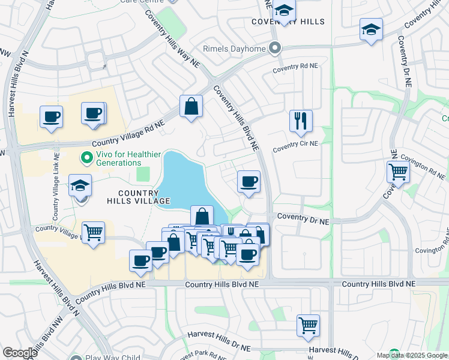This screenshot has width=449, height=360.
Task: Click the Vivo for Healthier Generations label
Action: pos(118,158)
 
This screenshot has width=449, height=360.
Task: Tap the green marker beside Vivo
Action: pos(86,158)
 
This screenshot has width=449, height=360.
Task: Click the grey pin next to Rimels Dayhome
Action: pos(276,48)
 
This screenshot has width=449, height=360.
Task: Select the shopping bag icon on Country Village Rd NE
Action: pos(191,107)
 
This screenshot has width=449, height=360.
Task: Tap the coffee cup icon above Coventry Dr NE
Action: pos(248,181)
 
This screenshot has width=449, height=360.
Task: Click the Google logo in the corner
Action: pos(20,353)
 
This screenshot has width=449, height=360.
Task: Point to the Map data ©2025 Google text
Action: pos(411,355)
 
